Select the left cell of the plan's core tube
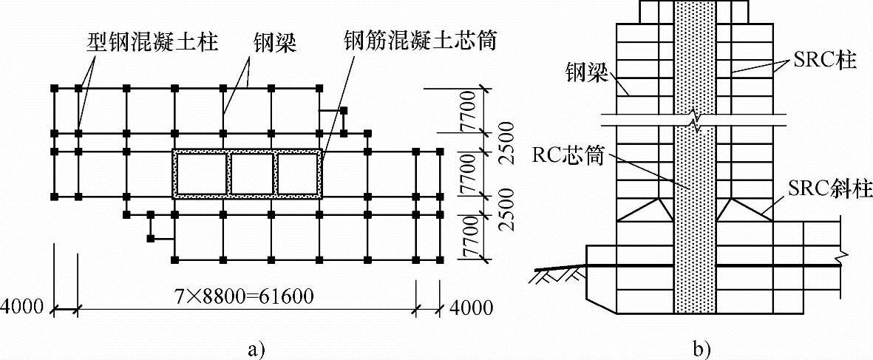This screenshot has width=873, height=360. point(201,174)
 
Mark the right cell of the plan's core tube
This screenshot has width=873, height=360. point(299,174)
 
